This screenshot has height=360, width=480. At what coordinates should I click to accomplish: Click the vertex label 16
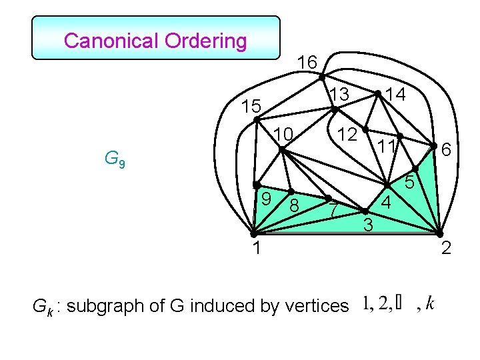pos(307,63)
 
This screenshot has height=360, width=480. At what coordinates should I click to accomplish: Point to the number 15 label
pos(251,106)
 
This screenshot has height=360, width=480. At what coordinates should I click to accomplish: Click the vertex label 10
pos(283,135)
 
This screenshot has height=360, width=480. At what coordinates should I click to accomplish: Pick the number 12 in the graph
pos(347,134)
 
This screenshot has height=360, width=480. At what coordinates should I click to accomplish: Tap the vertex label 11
pos(386,147)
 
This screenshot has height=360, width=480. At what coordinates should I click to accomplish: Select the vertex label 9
pos(265,198)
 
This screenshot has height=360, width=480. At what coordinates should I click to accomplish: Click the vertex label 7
pos(335,211)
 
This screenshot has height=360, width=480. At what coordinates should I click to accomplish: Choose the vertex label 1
pos(256,249)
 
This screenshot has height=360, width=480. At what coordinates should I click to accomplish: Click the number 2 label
pos(446,249)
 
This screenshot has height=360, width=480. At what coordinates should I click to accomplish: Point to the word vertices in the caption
pos(316,306)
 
